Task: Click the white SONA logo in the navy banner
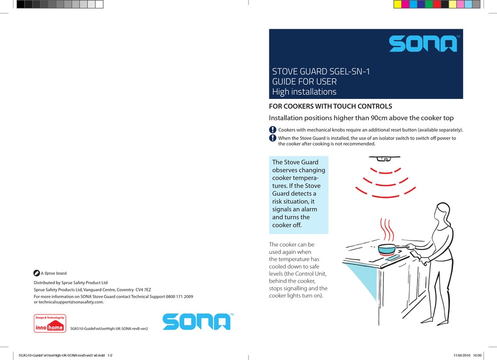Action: (423, 44)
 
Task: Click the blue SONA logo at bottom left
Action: (196, 321)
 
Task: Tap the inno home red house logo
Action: (50, 324)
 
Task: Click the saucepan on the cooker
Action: (387, 247)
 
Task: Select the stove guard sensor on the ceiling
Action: (386, 156)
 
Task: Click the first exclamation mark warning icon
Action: (273, 130)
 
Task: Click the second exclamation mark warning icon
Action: (273, 138)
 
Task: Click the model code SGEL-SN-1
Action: (344, 72)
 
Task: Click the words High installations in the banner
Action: (304, 92)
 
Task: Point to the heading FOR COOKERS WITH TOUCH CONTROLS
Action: (330, 107)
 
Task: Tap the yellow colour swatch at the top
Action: (397, 4)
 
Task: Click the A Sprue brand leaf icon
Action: (37, 273)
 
